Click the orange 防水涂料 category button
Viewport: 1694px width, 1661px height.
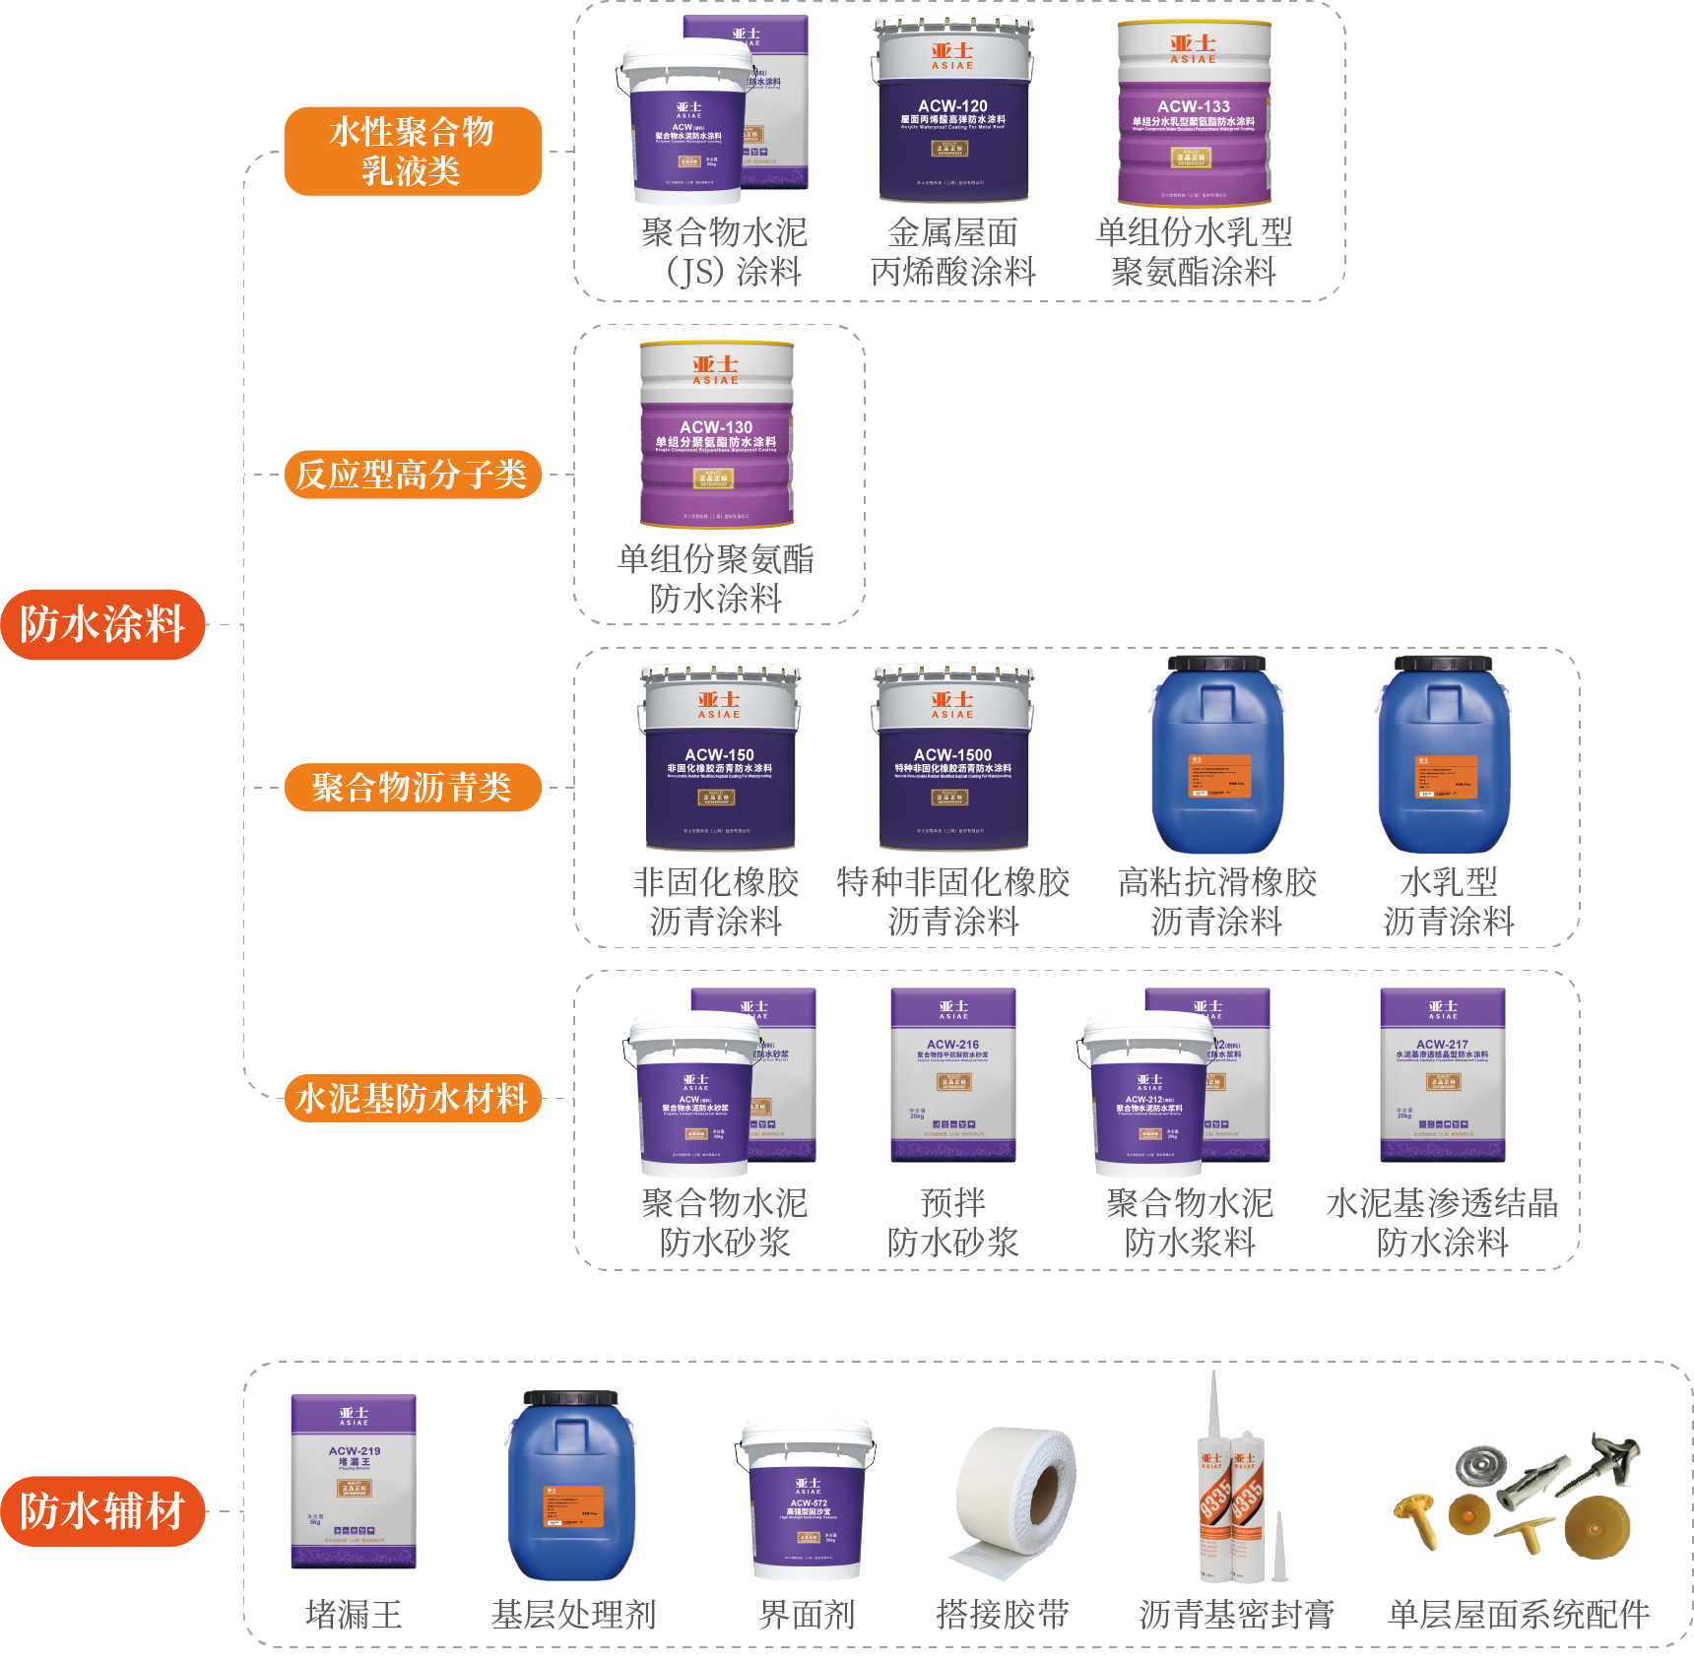[102, 624]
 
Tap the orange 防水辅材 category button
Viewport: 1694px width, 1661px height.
[102, 1510]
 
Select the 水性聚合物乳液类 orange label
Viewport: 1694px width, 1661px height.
[413, 151]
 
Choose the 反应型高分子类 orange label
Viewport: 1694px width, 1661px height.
[413, 475]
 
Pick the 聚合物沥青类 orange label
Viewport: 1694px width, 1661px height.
[413, 788]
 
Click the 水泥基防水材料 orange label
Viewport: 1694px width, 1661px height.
[413, 1098]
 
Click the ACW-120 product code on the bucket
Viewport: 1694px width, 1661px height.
[952, 105]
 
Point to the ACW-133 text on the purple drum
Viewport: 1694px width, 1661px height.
[1193, 106]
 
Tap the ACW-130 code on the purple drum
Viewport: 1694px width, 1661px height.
[716, 427]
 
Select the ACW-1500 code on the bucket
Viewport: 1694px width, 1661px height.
[952, 754]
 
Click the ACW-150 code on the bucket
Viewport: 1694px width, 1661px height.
[719, 754]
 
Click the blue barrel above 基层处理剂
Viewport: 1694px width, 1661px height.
[571, 1487]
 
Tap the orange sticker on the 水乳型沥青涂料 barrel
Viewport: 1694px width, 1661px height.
[1446, 777]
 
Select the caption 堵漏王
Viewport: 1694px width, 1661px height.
[354, 1615]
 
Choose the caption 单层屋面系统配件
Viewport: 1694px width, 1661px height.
[1519, 1615]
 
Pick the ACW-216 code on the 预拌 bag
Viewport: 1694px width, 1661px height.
[952, 1045]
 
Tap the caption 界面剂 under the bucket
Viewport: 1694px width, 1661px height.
[807, 1615]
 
